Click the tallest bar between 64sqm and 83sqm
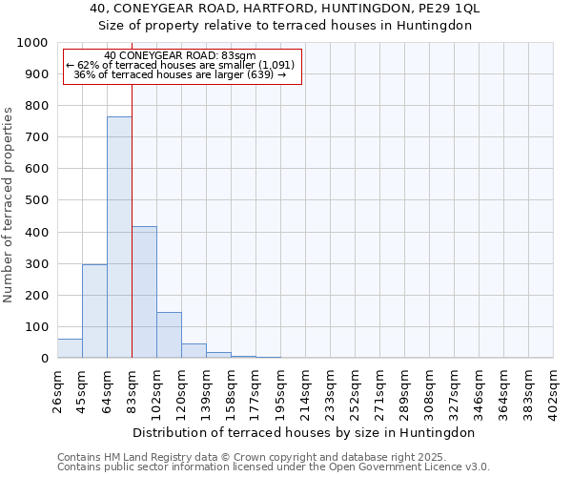click(119, 238)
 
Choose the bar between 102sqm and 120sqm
click(169, 335)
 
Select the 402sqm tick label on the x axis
click(554, 387)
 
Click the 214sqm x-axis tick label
click(306, 387)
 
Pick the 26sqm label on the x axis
click(58, 387)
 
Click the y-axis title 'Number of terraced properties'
click(9, 205)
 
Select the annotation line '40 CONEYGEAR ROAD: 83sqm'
click(180, 55)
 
